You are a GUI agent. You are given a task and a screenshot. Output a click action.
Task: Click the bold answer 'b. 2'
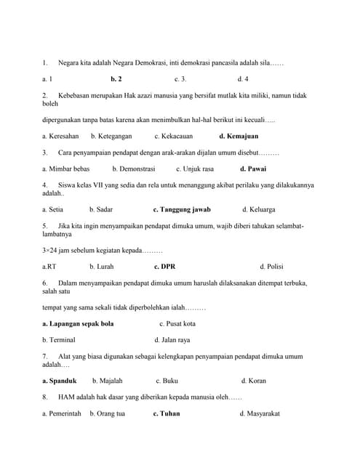pyautogui.click(x=116, y=78)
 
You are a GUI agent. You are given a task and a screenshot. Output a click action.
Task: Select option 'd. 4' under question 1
pyautogui.click(x=243, y=78)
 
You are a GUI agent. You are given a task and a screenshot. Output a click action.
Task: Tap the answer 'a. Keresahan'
pyautogui.click(x=60, y=136)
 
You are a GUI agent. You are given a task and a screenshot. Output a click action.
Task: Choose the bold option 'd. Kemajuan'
pyautogui.click(x=239, y=136)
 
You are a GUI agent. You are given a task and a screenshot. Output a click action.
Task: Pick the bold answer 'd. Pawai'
pyautogui.click(x=253, y=169)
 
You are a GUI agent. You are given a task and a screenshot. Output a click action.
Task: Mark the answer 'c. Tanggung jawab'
pyautogui.click(x=181, y=209)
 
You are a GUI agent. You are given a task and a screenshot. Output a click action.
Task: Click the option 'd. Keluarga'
pyautogui.click(x=260, y=209)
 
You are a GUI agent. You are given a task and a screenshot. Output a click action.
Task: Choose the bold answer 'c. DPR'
pyautogui.click(x=165, y=266)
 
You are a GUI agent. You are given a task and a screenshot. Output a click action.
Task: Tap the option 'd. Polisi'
pyautogui.click(x=271, y=266)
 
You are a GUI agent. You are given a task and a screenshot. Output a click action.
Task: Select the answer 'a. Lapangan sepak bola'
pyautogui.click(x=78, y=323)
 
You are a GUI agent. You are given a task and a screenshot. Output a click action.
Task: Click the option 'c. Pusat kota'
pyautogui.click(x=177, y=323)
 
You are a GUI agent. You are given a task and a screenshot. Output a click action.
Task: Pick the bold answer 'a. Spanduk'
pyautogui.click(x=59, y=380)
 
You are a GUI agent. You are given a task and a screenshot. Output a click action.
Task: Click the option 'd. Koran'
pyautogui.click(x=254, y=380)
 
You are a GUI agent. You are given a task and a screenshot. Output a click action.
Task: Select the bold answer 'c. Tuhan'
pyautogui.click(x=167, y=413)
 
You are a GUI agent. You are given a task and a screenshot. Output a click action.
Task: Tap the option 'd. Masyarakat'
pyautogui.click(x=260, y=413)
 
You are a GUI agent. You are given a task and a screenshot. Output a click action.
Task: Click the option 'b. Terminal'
pyautogui.click(x=59, y=339)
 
